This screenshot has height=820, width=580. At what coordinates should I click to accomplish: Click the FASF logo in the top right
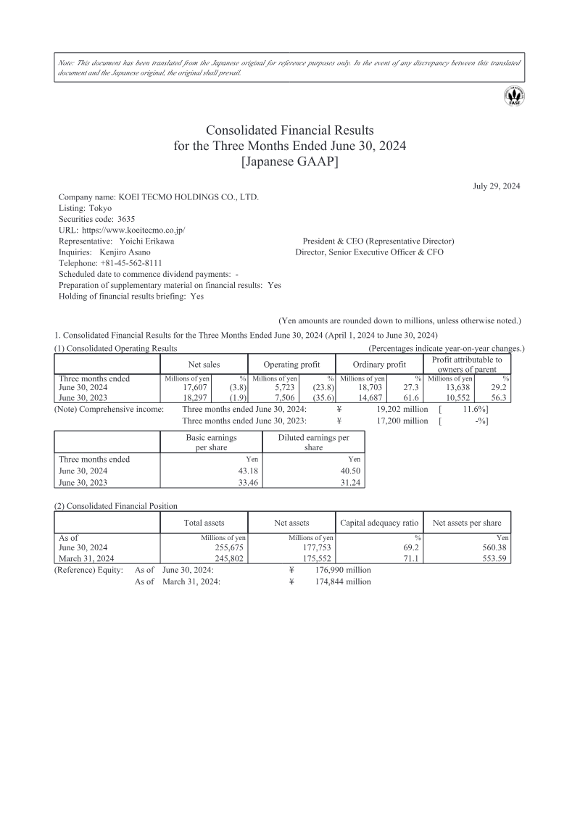515,96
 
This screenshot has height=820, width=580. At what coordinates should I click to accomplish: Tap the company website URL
128,230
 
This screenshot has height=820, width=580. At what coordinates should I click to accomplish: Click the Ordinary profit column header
379,364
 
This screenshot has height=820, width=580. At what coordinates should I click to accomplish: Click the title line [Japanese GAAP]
289,161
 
